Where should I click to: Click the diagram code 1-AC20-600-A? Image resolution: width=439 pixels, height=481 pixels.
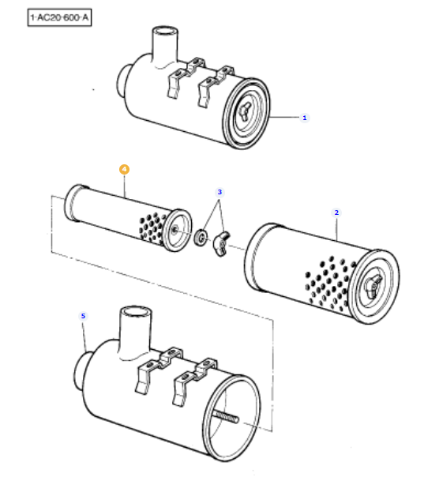tap(59, 17)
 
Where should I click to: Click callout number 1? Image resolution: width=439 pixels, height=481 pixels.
tap(305, 118)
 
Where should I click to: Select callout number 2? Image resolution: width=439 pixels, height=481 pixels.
tap(336, 212)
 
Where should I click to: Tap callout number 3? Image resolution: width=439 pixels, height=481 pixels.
tap(220, 192)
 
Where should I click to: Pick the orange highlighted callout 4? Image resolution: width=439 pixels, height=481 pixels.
tap(124, 169)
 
